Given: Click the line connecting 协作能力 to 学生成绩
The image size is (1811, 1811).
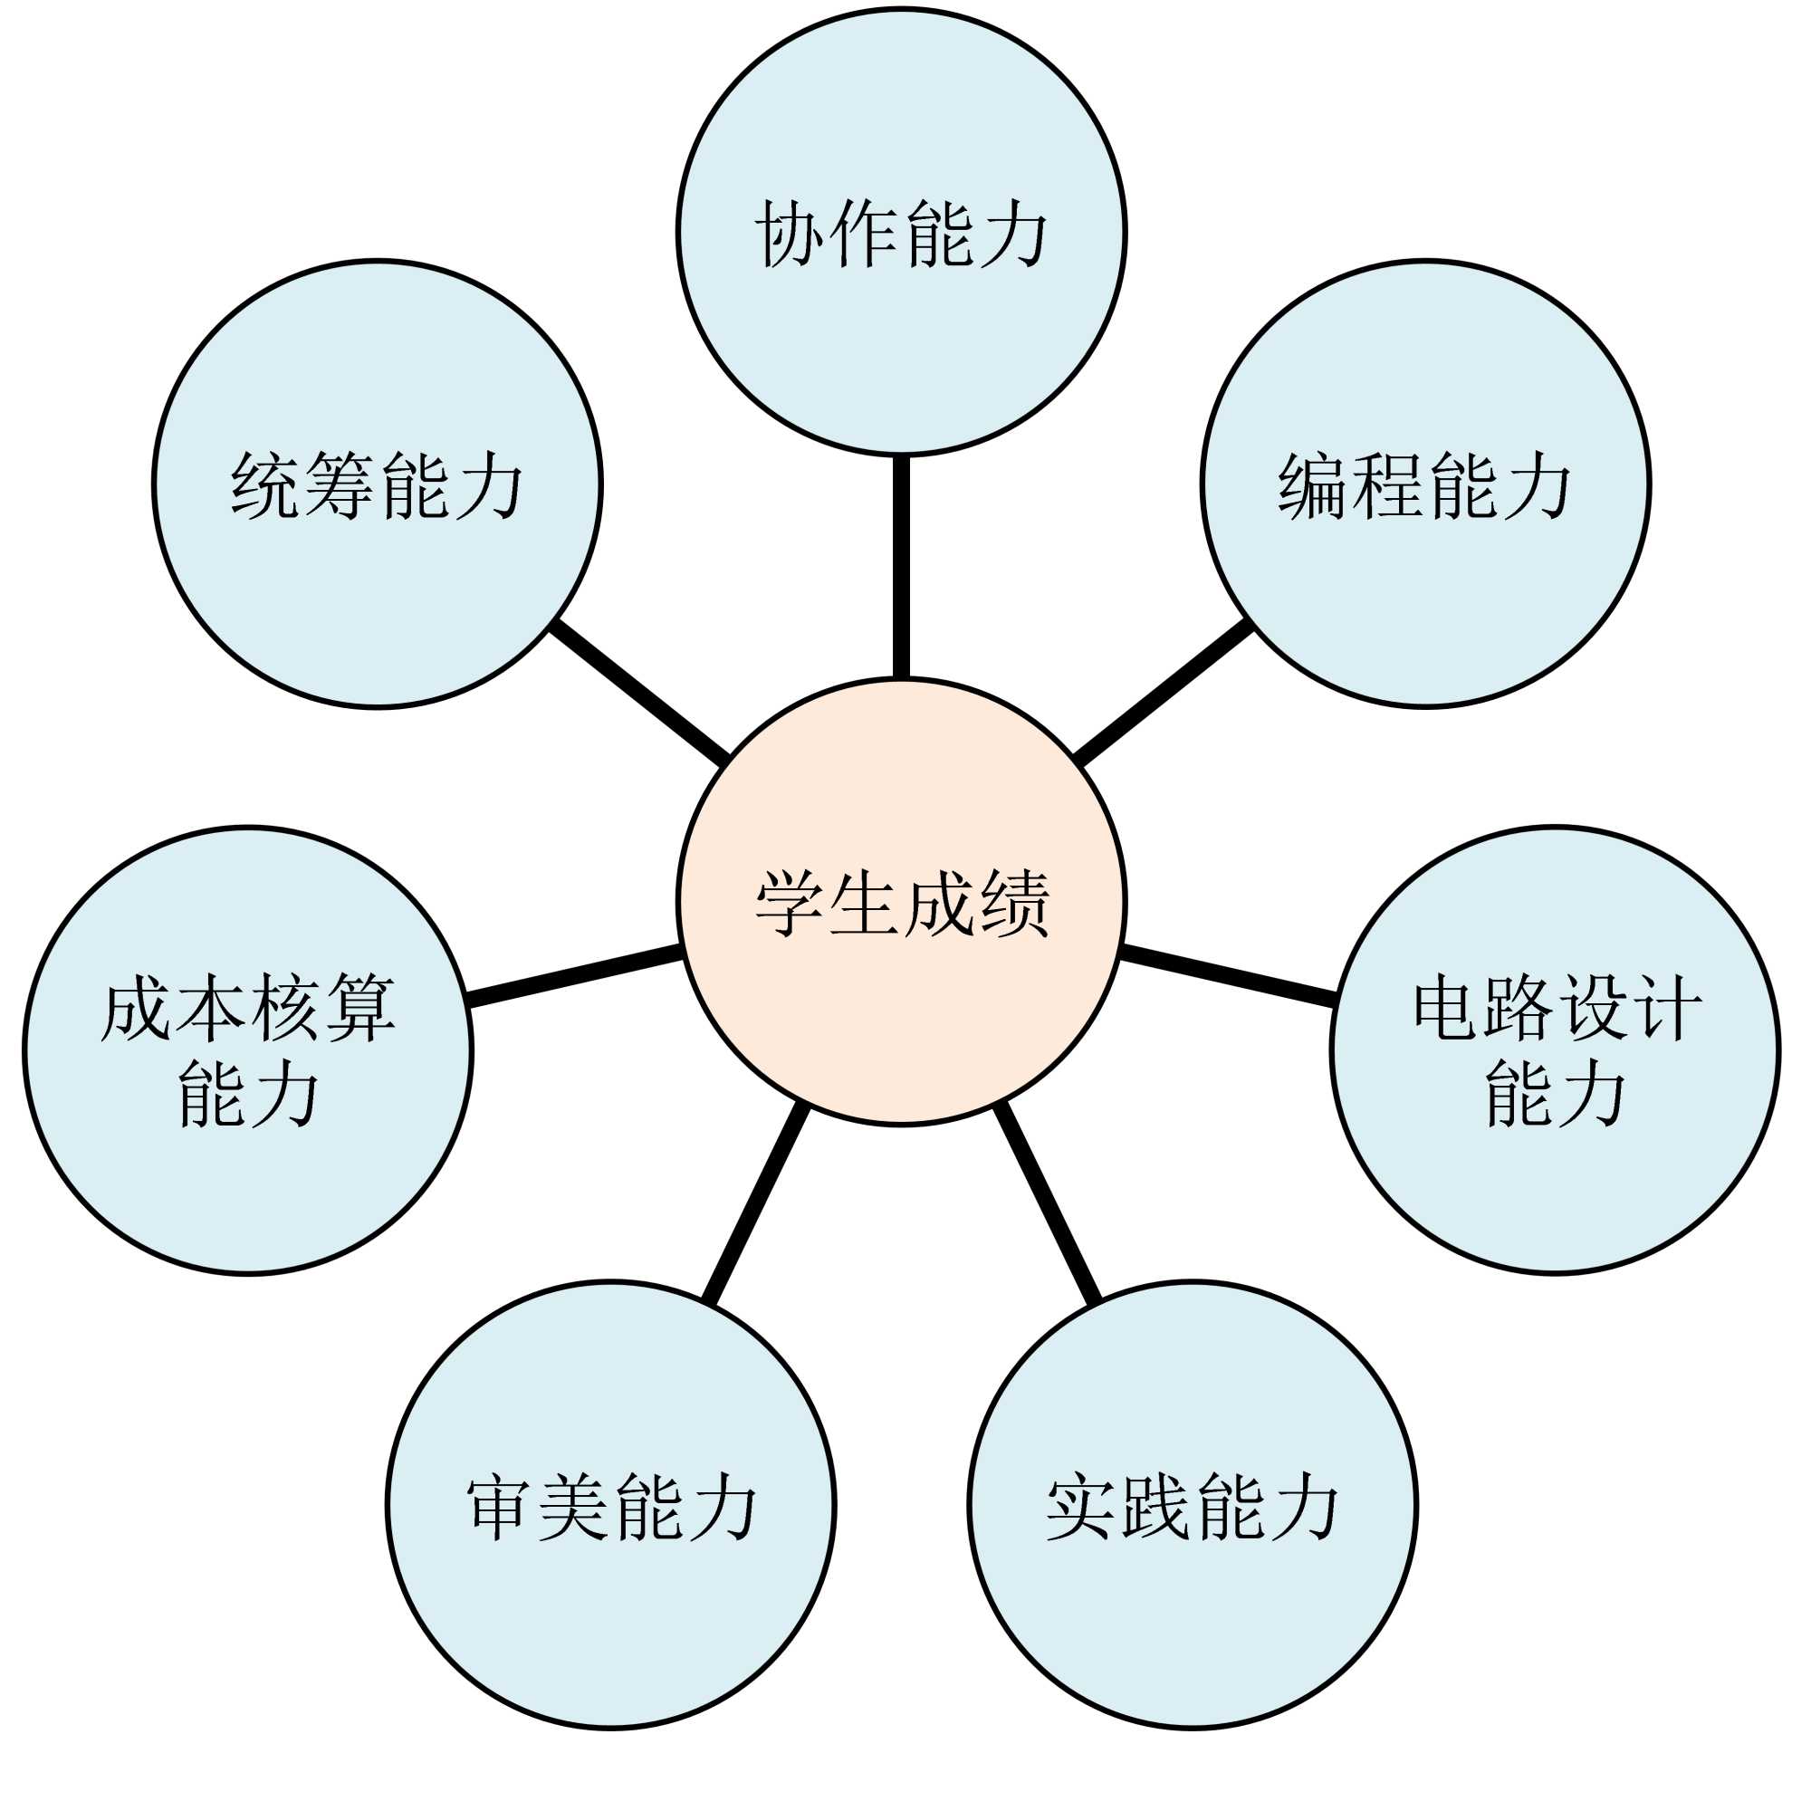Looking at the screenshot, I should [901, 567].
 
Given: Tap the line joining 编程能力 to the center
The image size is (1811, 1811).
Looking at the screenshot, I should [1163, 692].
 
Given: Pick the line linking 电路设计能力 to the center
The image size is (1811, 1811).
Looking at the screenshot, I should [1228, 978].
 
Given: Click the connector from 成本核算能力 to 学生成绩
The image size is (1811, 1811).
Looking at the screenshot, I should [574, 978].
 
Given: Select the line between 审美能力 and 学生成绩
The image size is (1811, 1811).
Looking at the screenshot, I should [755, 1203].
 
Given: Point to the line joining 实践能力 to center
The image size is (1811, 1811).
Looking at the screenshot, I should [1047, 1203].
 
